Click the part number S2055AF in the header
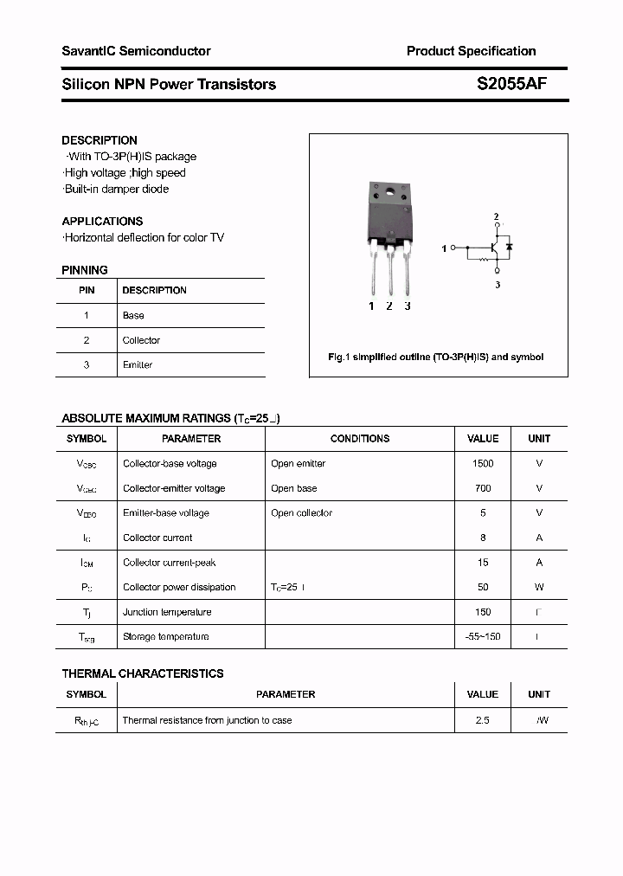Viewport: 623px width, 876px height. tap(511, 84)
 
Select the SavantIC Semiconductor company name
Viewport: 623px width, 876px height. tap(136, 51)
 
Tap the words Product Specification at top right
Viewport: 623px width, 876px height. tap(471, 51)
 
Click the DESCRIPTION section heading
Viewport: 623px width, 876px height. tap(100, 140)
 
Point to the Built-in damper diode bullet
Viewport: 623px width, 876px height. tap(117, 189)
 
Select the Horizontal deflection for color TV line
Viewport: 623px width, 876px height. tap(144, 237)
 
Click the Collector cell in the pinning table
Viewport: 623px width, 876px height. tap(141, 340)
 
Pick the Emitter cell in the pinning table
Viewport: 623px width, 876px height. tap(138, 364)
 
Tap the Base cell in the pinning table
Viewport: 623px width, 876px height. tap(133, 316)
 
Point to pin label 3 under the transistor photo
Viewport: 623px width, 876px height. tap(408, 306)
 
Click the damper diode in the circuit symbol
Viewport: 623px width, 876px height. tap(509, 247)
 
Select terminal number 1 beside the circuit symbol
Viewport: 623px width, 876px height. tap(444, 248)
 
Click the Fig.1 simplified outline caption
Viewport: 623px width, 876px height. tap(435, 357)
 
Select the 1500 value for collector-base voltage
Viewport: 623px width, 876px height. tap(483, 463)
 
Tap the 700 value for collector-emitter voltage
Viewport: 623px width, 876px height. tap(483, 488)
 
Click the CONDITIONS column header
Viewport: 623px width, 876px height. tap(360, 439)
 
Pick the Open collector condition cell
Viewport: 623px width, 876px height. tap(301, 512)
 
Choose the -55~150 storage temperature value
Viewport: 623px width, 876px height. tap(483, 636)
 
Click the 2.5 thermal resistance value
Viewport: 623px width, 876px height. tap(482, 720)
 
